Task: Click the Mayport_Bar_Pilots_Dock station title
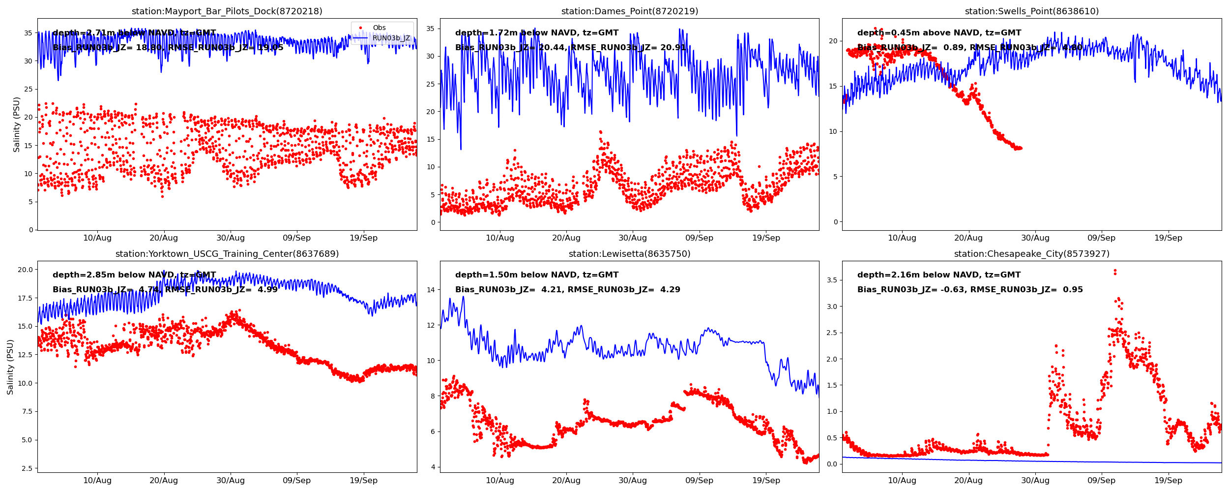[x=227, y=11]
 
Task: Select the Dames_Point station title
[x=629, y=11]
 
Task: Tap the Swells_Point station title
[x=1031, y=11]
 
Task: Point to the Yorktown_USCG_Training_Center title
[x=227, y=254]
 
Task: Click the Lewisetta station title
[x=629, y=254]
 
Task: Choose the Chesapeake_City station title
[x=1031, y=254]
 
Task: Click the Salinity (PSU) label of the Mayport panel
[x=17, y=124]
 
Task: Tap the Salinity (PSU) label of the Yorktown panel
[x=10, y=367]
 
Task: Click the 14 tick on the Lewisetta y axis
[x=431, y=290]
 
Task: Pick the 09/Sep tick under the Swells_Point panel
[x=1101, y=238]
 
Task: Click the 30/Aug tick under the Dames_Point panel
[x=632, y=238]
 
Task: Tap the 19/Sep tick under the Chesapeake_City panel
[x=1168, y=481]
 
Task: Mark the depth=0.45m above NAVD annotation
[x=939, y=33]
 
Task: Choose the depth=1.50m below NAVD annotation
[x=537, y=275]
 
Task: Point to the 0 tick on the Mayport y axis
[x=30, y=230]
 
